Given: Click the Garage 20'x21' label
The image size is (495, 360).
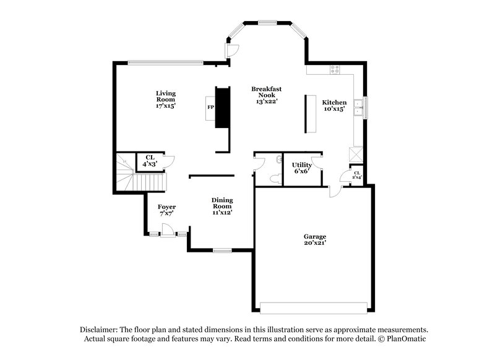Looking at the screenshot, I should tap(314, 240).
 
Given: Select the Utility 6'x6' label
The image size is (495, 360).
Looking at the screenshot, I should tap(301, 168).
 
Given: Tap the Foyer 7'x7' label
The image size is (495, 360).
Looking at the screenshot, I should tap(166, 210).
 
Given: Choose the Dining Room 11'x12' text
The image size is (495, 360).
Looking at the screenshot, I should tap(222, 206).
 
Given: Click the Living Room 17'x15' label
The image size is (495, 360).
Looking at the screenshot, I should tap(165, 99).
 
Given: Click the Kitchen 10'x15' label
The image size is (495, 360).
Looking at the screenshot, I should tap(334, 105).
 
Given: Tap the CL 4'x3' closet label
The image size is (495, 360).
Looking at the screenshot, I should tap(150, 161).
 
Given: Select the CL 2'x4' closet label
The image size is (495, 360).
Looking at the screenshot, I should tap(357, 175).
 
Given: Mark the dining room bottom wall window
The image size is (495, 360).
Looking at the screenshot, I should tap(222, 250).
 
